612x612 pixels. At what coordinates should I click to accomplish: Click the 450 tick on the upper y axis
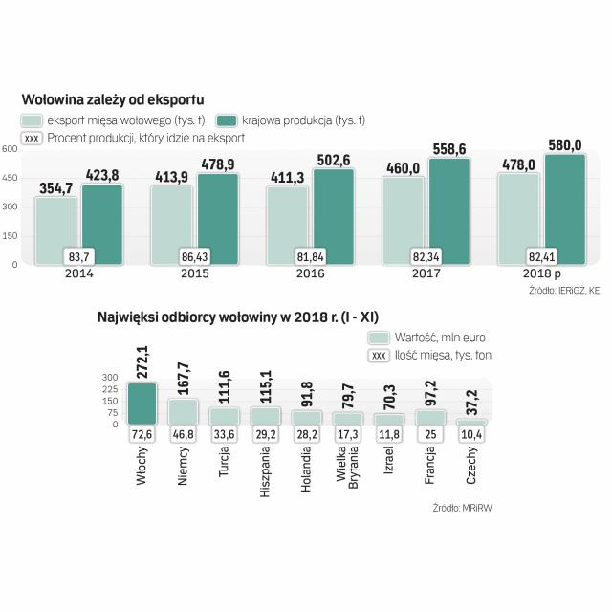point(9,178)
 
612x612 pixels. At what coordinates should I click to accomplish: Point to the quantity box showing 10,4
point(471,435)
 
